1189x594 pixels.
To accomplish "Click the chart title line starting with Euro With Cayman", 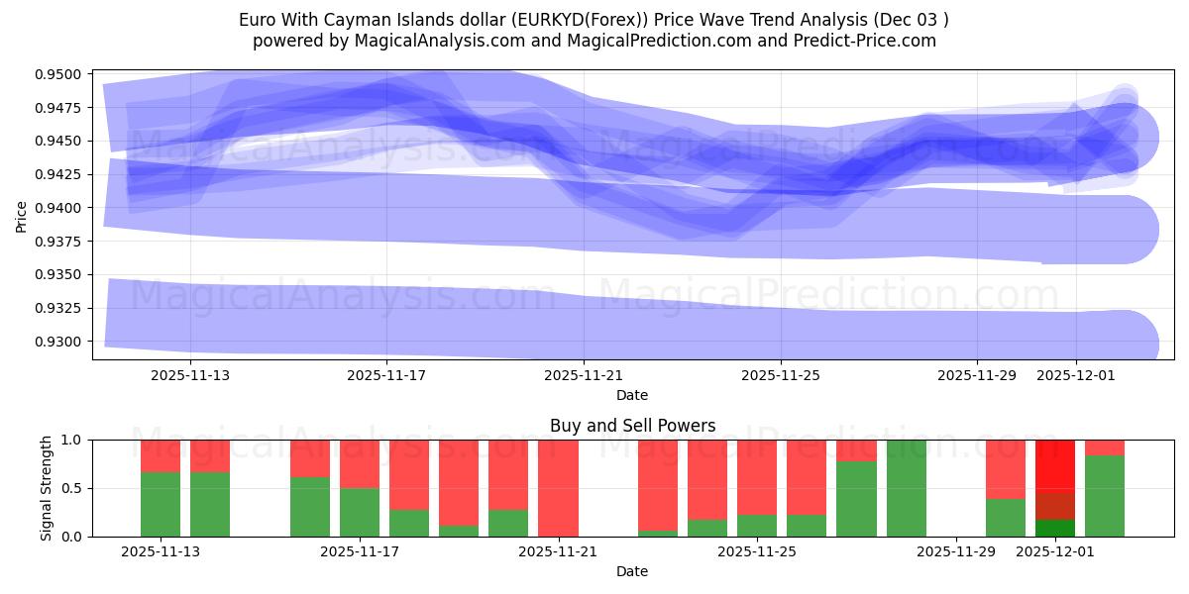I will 594,20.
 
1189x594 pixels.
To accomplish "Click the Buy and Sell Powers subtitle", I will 632,426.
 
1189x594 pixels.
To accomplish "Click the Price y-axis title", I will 22,215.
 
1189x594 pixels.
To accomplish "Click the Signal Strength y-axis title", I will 46,487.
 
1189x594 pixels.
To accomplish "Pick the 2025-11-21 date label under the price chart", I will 584,376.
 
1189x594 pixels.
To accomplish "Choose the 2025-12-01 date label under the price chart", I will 1076,376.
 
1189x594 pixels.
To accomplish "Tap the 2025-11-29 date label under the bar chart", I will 956,552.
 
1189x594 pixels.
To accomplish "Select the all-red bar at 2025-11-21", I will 558,487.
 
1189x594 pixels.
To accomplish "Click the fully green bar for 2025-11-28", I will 907,488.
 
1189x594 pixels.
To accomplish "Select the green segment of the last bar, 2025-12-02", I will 1105,496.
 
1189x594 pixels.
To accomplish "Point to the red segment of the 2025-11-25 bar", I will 757,476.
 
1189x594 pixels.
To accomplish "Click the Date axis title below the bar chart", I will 632,571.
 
